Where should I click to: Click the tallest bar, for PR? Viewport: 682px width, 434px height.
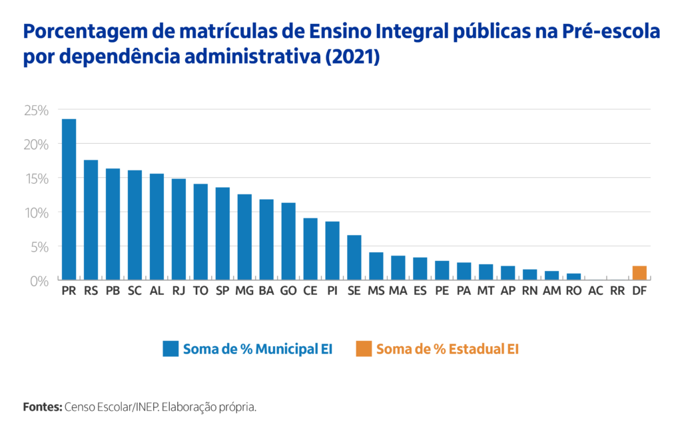[x=69, y=200]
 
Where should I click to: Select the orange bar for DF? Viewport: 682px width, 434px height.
[x=639, y=273]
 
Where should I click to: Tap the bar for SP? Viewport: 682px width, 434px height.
[x=222, y=234]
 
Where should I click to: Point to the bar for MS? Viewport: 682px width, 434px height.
[x=376, y=266]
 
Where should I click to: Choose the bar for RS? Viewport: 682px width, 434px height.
[x=91, y=220]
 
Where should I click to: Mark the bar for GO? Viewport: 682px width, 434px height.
[x=288, y=241]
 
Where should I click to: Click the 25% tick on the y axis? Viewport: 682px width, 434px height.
[x=37, y=110]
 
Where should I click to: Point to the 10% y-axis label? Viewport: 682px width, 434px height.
[x=37, y=212]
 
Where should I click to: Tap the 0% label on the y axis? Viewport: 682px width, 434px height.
[x=39, y=281]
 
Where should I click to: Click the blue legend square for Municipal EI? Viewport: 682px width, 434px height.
[x=171, y=349]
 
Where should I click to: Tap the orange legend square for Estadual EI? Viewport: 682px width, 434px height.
[x=364, y=349]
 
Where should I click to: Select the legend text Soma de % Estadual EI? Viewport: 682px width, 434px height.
[x=447, y=349]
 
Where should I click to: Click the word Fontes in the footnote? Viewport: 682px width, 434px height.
[x=42, y=407]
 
